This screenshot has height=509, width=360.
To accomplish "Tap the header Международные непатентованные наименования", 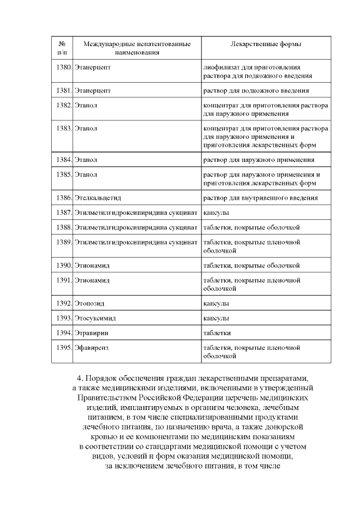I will click(137, 48).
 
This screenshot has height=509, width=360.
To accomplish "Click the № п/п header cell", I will click(62, 48).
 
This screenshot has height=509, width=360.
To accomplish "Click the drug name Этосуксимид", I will click(94, 318).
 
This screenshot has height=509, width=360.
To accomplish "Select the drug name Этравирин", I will click(92, 332).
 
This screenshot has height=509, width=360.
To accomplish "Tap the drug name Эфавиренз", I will click(91, 347).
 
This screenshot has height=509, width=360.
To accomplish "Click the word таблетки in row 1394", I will click(217, 332).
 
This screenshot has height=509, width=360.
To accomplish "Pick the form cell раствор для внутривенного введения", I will click(260, 198).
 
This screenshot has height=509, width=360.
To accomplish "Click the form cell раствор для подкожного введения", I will click(255, 90).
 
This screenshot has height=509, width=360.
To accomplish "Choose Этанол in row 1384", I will click(85, 160).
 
